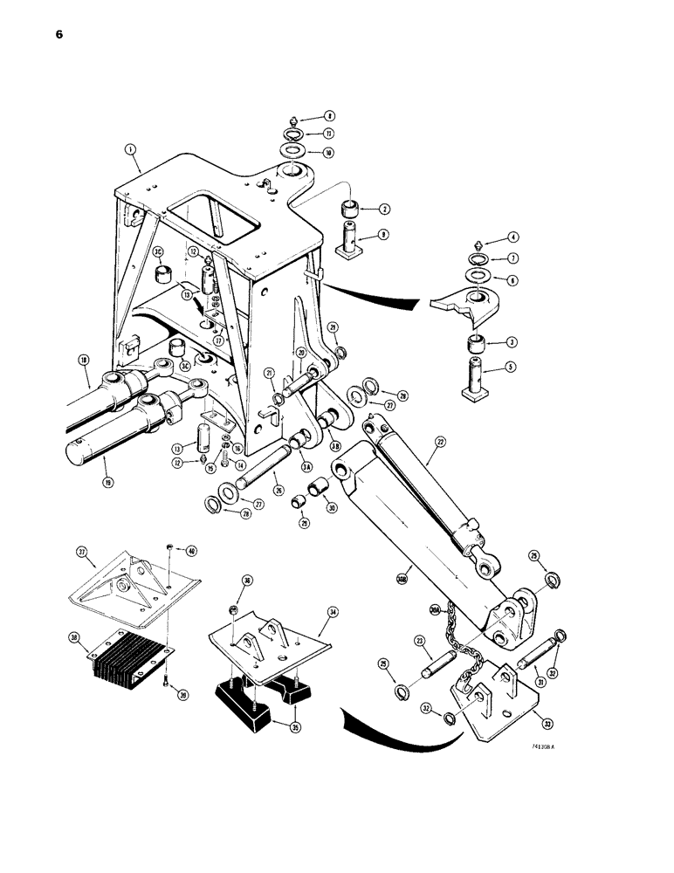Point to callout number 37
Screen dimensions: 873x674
[82, 552]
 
